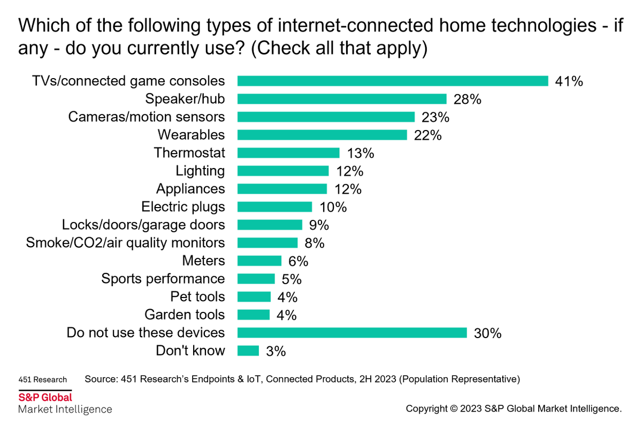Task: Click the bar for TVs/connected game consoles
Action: [x=393, y=81]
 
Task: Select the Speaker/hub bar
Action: [x=342, y=99]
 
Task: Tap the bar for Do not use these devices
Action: [x=352, y=333]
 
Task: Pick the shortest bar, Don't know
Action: [x=248, y=351]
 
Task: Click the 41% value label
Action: [x=569, y=81]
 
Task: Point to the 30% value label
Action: [x=487, y=333]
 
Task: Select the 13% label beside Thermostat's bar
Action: [x=360, y=153]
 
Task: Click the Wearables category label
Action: [x=191, y=135]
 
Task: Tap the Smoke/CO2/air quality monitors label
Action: [x=126, y=243]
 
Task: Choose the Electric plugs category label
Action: [x=183, y=207]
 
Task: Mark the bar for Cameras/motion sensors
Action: [x=326, y=117]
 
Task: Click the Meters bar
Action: [x=259, y=261]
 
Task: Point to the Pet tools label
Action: [x=197, y=297]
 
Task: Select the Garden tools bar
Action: [x=254, y=315]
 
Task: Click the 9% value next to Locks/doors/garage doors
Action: [x=316, y=225]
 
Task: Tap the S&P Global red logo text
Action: [x=45, y=398]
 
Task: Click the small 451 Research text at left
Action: [x=42, y=380]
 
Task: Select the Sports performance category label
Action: [x=163, y=279]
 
